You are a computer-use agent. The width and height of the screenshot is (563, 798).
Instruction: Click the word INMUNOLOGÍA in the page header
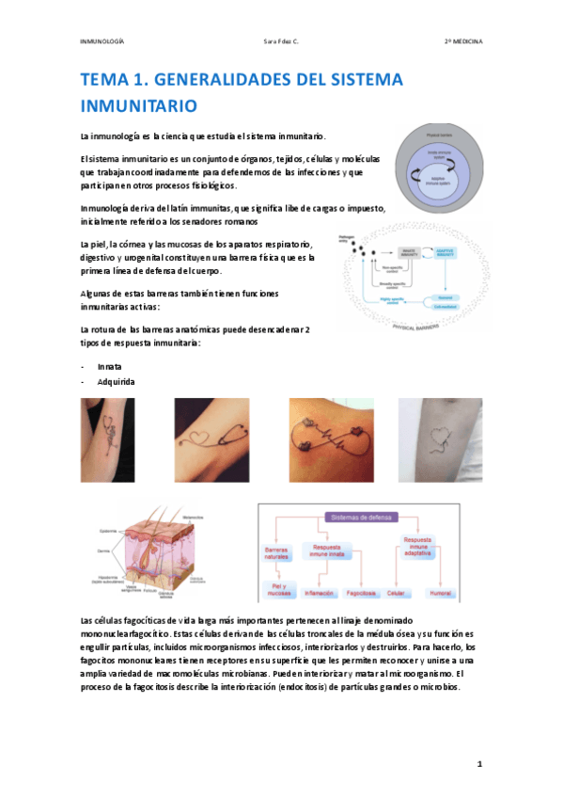pyautogui.click(x=102, y=42)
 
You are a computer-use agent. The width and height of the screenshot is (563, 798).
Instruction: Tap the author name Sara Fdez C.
pyautogui.click(x=280, y=42)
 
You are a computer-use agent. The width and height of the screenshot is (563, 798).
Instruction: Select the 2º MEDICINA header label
pyautogui.click(x=463, y=42)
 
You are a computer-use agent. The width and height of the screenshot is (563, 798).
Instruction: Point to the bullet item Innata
pyautogui.click(x=110, y=365)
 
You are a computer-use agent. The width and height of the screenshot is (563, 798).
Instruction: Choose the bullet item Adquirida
pyautogui.click(x=117, y=381)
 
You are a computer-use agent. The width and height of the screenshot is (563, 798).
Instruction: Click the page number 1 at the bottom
pyautogui.click(x=479, y=764)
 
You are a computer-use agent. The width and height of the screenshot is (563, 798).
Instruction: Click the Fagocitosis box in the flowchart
pyautogui.click(x=361, y=594)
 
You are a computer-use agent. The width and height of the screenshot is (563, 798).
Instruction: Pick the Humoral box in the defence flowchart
pyautogui.click(x=442, y=594)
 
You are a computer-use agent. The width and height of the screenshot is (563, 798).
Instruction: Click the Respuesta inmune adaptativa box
pyautogui.click(x=417, y=547)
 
